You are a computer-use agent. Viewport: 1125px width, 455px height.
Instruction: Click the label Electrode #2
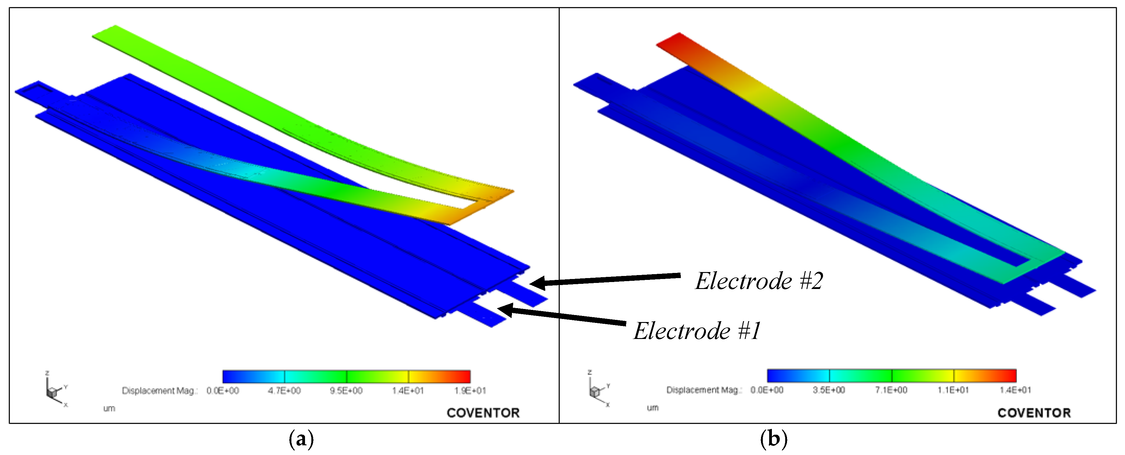tap(759, 281)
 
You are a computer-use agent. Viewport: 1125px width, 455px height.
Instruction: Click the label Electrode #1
tap(697, 330)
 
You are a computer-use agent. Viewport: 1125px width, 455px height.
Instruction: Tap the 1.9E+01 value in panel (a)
tap(470, 390)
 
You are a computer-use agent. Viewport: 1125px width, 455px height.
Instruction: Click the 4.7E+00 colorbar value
tap(284, 390)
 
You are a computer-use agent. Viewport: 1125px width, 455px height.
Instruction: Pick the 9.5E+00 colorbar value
tap(346, 390)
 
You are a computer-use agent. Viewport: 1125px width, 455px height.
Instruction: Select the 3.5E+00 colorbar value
tap(828, 390)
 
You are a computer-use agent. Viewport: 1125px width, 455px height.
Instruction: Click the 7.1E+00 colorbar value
tap(891, 390)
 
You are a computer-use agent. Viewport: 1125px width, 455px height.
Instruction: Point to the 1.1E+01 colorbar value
tap(953, 390)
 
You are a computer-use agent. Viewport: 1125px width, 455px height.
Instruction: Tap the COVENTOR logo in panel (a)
tap(483, 413)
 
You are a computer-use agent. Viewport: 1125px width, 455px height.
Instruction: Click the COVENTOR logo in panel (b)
tap(1034, 413)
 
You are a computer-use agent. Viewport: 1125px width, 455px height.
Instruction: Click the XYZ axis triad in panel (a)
tap(54, 390)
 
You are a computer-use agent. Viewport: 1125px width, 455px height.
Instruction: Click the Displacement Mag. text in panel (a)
tap(159, 390)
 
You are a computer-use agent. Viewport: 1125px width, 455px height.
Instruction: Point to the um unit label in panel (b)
tap(652, 408)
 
